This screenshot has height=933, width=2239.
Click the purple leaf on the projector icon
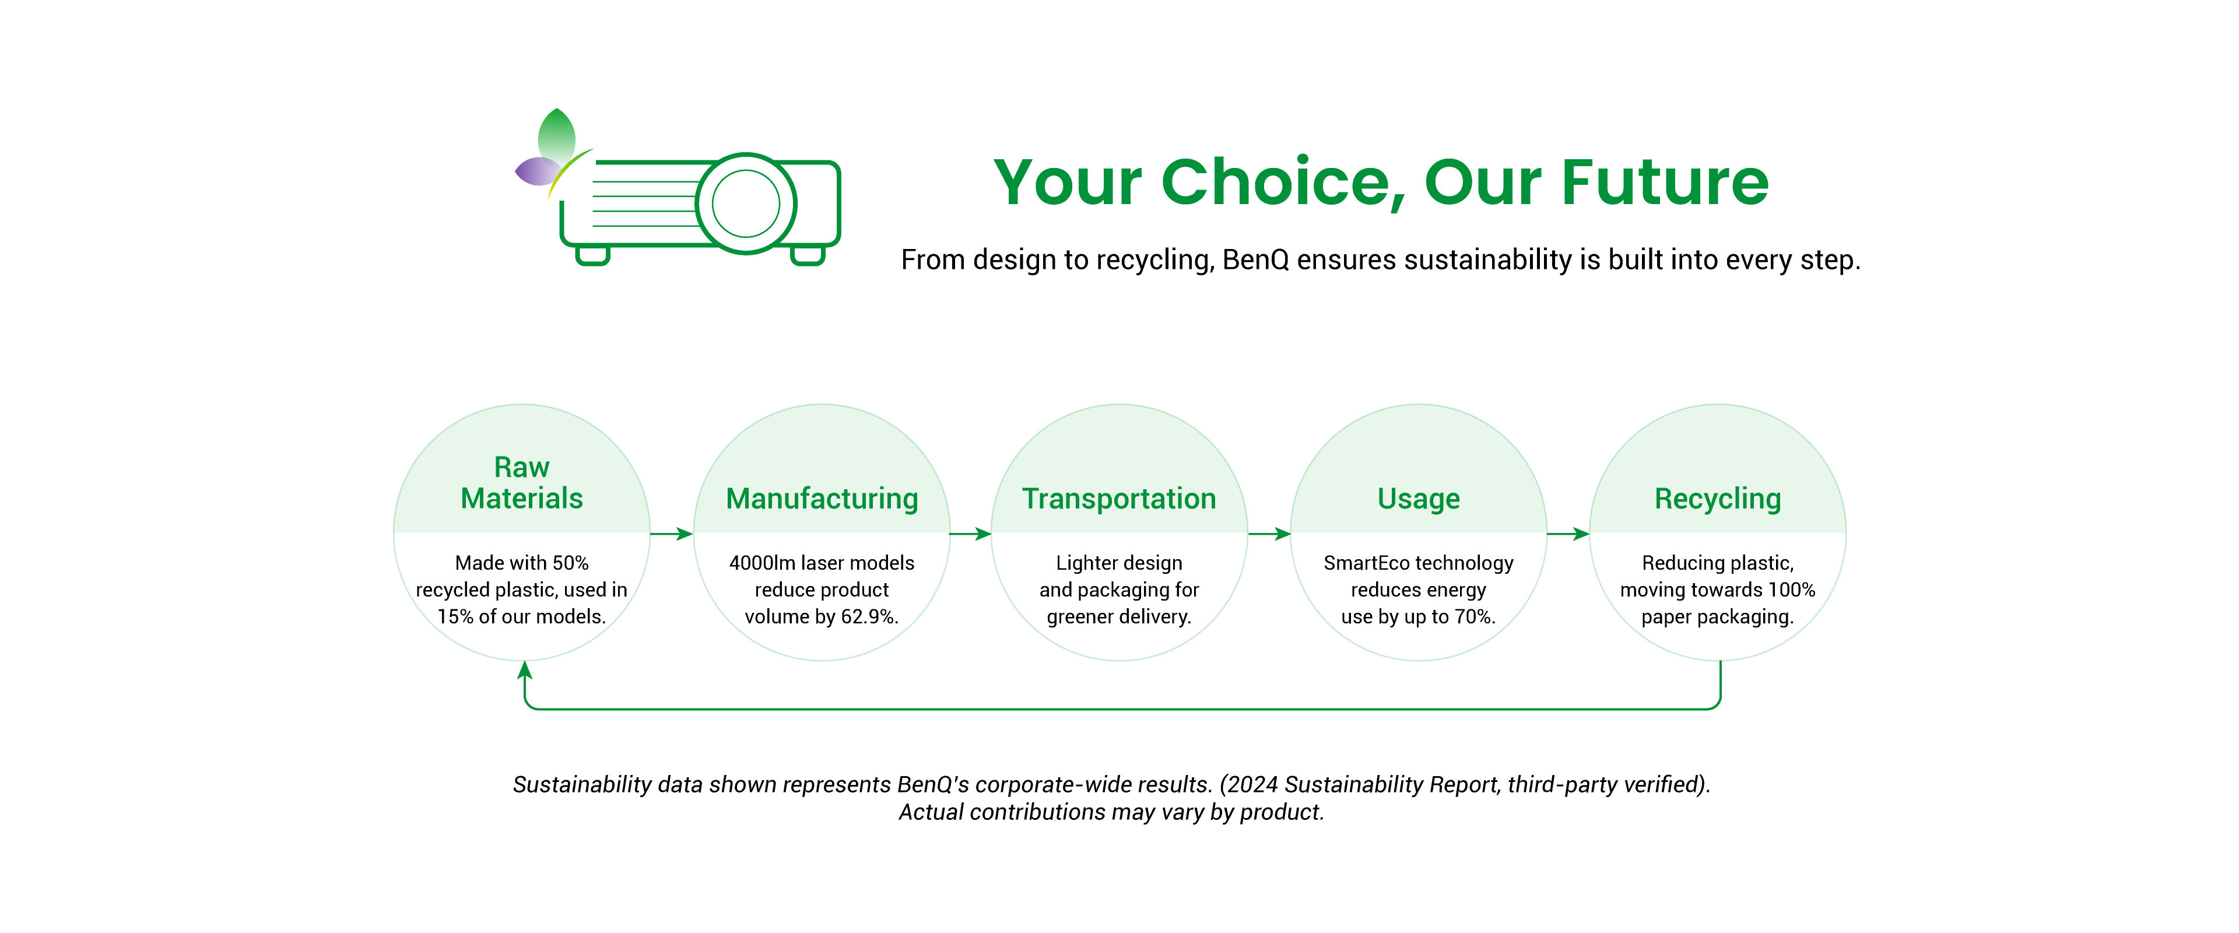(537, 171)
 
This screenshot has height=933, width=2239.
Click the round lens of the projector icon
(746, 204)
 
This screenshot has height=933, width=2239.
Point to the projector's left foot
(593, 255)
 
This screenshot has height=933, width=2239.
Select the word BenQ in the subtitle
(1256, 260)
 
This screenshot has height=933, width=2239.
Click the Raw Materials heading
(521, 483)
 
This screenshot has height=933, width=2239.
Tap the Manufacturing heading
(822, 498)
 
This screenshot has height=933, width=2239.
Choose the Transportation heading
(1119, 498)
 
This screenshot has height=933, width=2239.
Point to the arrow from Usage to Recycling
(1568, 534)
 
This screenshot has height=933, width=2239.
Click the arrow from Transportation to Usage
(1269, 534)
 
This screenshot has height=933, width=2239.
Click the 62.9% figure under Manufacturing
(869, 616)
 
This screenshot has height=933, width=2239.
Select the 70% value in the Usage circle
(1475, 616)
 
